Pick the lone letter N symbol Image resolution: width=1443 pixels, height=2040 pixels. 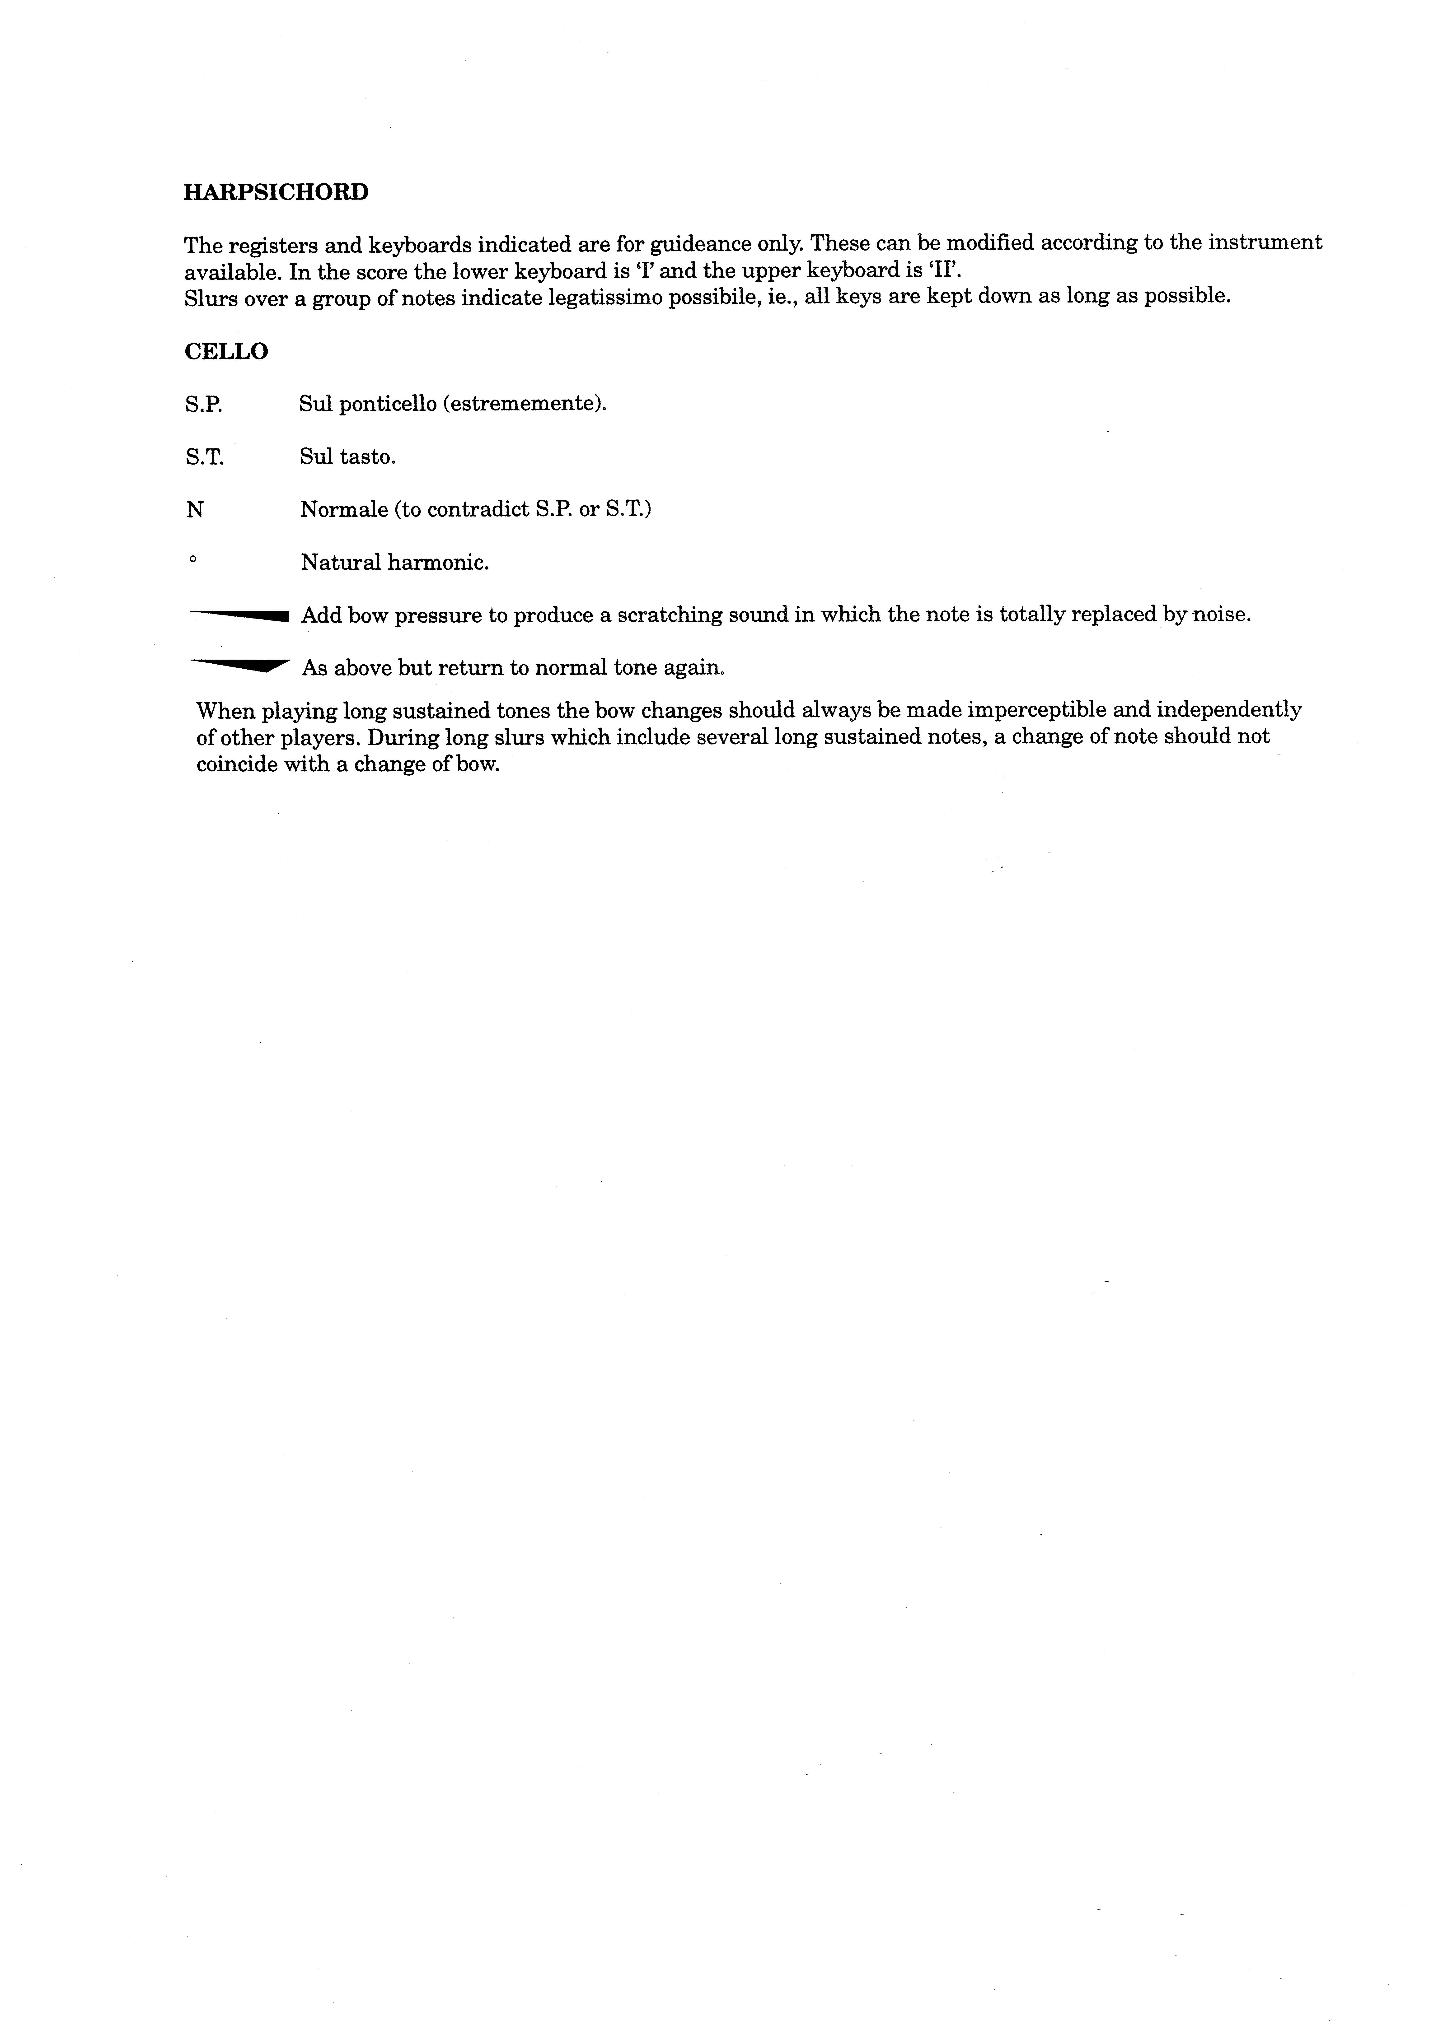click(195, 510)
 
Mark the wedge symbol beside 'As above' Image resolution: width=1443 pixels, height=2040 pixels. click(240, 665)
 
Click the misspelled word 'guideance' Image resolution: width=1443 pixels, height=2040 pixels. click(699, 243)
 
